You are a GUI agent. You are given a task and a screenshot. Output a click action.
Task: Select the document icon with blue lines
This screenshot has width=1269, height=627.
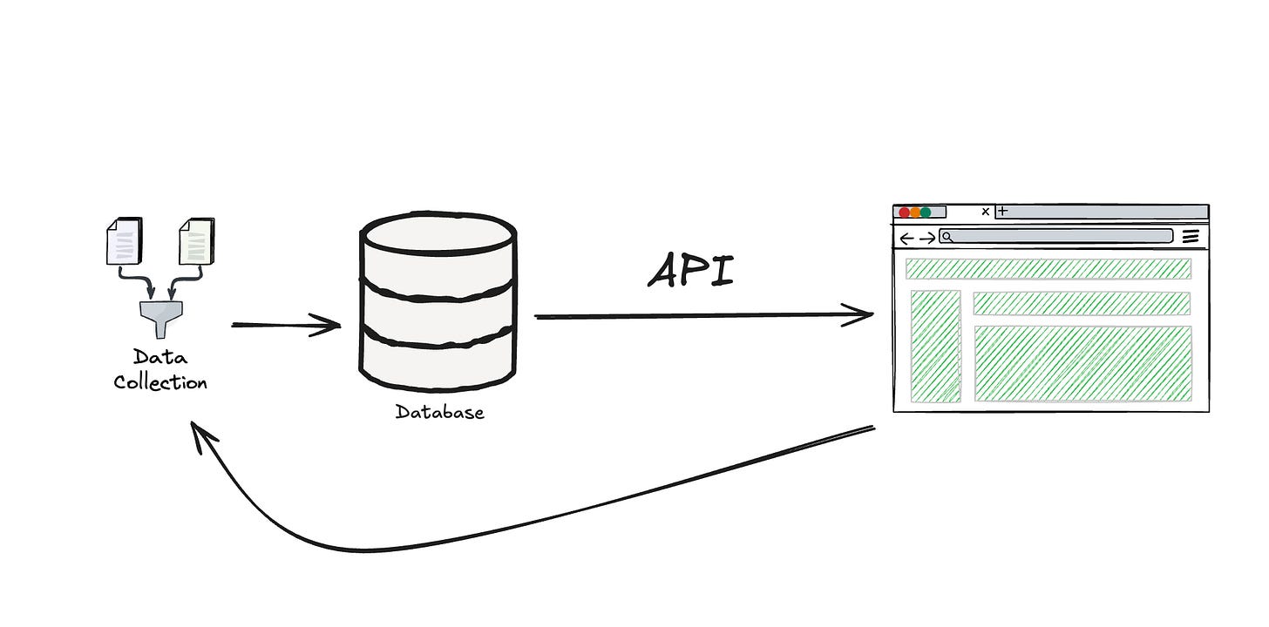tap(123, 240)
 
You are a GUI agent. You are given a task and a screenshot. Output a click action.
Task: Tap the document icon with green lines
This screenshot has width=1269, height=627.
tap(196, 240)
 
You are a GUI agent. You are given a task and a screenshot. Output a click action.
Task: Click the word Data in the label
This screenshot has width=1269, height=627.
tap(160, 357)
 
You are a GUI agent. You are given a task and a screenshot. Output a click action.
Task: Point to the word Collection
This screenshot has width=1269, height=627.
tap(160, 382)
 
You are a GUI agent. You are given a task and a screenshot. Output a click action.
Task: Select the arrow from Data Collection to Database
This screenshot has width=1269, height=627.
tap(286, 326)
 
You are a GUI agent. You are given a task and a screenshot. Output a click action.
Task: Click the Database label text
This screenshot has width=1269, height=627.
tap(439, 412)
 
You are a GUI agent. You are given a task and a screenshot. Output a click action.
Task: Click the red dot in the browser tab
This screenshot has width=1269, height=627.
tap(904, 212)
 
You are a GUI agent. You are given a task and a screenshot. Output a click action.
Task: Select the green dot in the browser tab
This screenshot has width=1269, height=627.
tap(926, 212)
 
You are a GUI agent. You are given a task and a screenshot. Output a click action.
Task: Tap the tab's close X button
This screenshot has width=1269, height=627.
tap(986, 212)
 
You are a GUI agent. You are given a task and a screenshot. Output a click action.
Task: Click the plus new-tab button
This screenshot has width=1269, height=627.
tap(1002, 211)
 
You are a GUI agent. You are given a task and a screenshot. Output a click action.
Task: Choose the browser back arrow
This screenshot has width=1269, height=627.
tap(906, 238)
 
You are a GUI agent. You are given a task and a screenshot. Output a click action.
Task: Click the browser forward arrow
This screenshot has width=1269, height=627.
tap(927, 238)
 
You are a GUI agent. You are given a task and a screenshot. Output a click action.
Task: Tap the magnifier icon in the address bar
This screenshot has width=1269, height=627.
tap(947, 237)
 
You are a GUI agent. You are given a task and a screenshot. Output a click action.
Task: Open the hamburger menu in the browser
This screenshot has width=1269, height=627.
tap(1191, 237)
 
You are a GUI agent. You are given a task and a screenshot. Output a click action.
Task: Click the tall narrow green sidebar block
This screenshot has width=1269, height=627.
tap(935, 346)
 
